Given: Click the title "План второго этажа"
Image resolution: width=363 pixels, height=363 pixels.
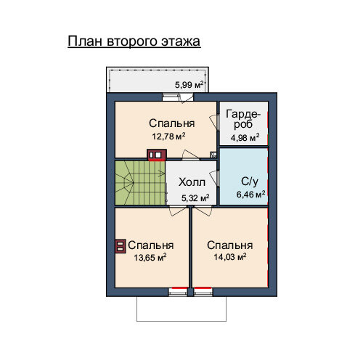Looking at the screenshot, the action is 134,41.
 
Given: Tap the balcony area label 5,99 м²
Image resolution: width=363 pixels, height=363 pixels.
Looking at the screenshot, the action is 189,85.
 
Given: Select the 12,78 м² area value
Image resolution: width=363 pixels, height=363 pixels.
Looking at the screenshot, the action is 168,136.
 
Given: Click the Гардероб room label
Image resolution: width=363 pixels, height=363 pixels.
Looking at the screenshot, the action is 243,119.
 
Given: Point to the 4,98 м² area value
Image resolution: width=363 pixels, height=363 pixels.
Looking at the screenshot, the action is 245,138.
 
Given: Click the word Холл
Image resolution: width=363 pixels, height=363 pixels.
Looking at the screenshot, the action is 192,182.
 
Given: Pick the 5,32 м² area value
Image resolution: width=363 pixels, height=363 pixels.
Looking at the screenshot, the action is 195,198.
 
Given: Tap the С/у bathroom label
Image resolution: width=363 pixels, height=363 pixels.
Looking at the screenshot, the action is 250,181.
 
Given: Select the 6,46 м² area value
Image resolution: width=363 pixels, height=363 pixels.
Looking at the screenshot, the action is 250,194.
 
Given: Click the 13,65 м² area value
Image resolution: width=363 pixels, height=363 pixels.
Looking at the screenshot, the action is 150,257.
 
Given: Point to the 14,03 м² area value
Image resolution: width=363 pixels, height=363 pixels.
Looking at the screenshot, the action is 230,257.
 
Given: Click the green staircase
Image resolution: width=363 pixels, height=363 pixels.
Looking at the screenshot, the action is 140,183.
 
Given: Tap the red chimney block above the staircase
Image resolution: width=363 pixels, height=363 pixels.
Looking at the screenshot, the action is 157,155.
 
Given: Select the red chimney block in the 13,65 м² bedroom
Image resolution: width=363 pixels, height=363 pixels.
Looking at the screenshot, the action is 121,246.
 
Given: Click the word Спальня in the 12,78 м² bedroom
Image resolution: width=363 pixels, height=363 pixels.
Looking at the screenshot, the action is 172,123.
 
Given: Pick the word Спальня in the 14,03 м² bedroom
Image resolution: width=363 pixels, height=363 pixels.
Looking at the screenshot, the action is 230,245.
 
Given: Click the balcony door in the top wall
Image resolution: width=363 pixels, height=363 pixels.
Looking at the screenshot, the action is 187,97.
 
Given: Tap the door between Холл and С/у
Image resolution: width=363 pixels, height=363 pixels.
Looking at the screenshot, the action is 214,178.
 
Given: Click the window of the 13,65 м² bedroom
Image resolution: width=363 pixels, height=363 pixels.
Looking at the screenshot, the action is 178,292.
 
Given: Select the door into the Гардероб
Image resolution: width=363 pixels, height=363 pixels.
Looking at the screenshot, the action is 214,121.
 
